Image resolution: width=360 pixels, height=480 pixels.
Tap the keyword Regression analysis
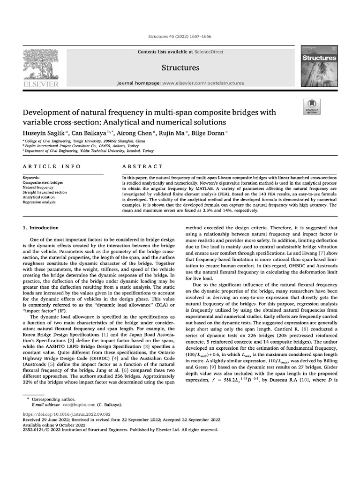(x=41, y=202)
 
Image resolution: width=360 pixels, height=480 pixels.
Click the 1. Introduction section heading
(x=41, y=228)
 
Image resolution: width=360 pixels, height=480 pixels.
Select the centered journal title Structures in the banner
(x=180, y=68)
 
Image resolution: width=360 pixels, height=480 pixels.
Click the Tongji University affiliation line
(x=84, y=141)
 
